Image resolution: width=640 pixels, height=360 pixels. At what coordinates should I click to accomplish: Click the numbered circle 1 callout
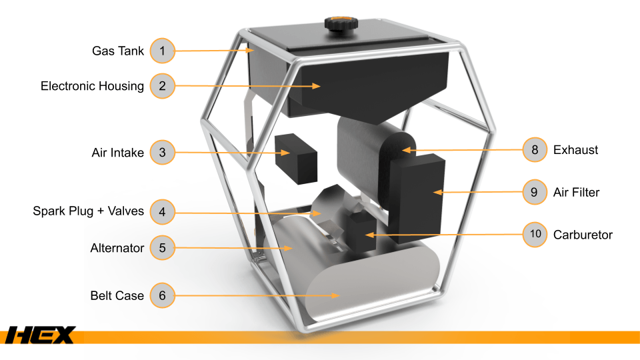click(x=163, y=51)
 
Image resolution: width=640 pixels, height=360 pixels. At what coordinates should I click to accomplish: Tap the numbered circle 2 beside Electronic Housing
click(x=163, y=86)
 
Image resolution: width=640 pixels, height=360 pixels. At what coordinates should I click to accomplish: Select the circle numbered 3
click(x=163, y=152)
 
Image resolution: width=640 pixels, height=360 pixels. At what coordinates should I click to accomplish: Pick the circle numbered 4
click(x=163, y=211)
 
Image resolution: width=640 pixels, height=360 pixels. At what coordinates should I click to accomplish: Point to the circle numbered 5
click(x=163, y=248)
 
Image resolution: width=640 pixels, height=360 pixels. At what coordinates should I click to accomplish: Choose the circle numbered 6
click(x=163, y=295)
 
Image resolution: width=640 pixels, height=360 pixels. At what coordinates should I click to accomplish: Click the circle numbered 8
click(x=535, y=150)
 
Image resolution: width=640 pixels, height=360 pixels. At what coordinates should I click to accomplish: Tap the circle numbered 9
click(x=535, y=192)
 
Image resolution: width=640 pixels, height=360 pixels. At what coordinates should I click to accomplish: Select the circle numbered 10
click(x=535, y=234)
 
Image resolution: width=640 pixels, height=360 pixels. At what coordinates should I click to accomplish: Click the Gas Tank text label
click(x=118, y=51)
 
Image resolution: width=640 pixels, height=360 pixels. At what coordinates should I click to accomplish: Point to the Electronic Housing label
click(x=92, y=86)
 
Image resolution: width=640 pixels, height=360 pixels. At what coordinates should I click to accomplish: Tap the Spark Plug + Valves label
click(x=89, y=211)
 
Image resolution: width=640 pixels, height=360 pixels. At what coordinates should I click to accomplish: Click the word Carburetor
click(x=583, y=235)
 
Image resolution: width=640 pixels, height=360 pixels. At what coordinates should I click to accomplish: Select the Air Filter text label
click(x=576, y=192)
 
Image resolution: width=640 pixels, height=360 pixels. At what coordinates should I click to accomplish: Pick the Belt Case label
click(x=117, y=295)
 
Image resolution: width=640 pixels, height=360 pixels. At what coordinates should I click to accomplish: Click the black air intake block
click(x=296, y=159)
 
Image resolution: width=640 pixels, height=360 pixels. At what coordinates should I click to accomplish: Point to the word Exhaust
click(x=575, y=150)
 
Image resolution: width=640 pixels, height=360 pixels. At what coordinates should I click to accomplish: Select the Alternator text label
click(x=117, y=248)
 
